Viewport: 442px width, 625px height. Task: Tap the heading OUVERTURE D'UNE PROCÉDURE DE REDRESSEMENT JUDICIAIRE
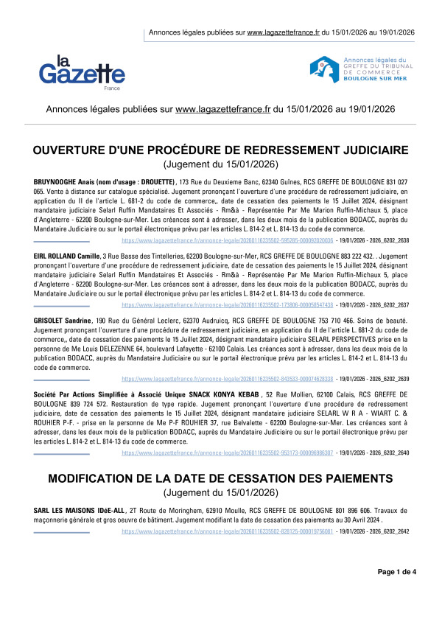tap(220, 150)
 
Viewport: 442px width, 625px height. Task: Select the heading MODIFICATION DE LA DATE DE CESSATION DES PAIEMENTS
tap(220, 479)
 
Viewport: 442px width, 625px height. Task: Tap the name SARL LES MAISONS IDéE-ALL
tap(79, 509)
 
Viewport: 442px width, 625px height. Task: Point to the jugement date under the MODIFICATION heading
tap(220, 492)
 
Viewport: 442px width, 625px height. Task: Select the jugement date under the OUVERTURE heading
tap(220, 164)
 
